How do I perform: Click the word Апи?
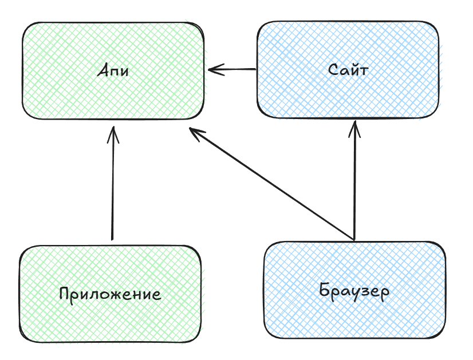pyautogui.click(x=113, y=72)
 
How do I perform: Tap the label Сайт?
pyautogui.click(x=348, y=70)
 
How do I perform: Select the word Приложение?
pyautogui.click(x=110, y=295)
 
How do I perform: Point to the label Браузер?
pyautogui.click(x=354, y=291)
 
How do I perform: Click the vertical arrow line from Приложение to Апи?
pyautogui.click(x=113, y=189)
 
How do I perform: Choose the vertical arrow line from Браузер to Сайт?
pyautogui.click(x=356, y=183)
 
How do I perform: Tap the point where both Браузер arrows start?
pyautogui.click(x=355, y=239)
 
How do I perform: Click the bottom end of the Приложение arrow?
pyautogui.click(x=112, y=239)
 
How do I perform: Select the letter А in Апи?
pyautogui.click(x=103, y=71)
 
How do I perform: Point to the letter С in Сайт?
pyautogui.click(x=334, y=70)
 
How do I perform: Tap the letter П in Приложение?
pyautogui.click(x=65, y=294)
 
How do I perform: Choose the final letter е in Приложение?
pyautogui.click(x=155, y=296)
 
